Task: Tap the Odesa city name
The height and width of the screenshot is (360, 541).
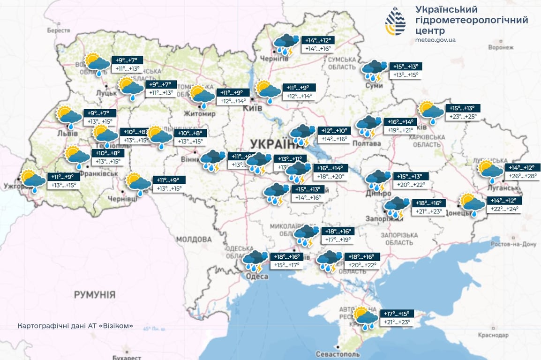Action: click(x=256, y=277)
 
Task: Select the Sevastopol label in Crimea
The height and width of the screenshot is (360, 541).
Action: click(x=338, y=354)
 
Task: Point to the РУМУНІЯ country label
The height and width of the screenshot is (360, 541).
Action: click(x=94, y=295)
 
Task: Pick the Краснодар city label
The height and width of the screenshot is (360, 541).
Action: click(x=493, y=335)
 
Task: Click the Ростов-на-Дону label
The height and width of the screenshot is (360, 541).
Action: click(x=513, y=244)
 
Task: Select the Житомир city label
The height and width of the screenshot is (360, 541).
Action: click(x=203, y=114)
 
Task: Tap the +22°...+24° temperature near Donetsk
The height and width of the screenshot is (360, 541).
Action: click(x=505, y=209)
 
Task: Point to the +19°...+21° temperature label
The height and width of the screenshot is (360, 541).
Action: click(x=402, y=130)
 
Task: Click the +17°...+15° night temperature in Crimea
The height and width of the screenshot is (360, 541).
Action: click(x=397, y=314)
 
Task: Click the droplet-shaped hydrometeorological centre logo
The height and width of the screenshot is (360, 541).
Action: click(x=395, y=22)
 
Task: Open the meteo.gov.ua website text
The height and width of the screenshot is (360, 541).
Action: click(x=436, y=40)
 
